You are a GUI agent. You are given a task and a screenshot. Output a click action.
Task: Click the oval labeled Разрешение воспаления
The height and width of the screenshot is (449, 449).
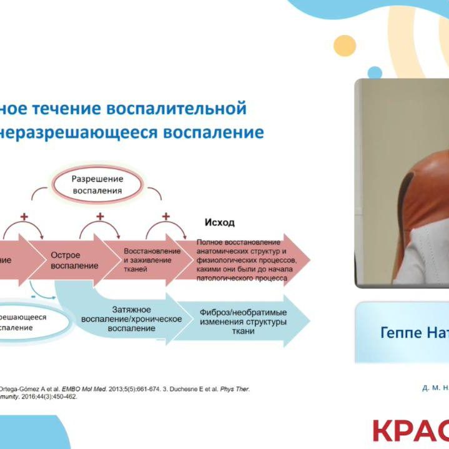coord(97,184)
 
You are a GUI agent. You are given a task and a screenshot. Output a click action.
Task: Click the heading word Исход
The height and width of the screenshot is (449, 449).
coord(220,223)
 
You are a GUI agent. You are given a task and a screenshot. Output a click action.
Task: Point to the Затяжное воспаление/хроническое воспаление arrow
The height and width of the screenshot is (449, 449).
coord(131,318)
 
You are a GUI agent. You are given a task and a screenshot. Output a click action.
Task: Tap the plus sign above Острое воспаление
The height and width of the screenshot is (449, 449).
coord(25,217)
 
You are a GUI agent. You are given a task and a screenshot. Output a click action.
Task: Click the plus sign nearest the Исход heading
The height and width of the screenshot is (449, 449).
coord(166,217)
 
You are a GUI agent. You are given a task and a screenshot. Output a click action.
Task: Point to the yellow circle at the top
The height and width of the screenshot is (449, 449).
coord(345,46)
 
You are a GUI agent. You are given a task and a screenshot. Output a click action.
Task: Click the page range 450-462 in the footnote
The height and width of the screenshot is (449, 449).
coord(62,397)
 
